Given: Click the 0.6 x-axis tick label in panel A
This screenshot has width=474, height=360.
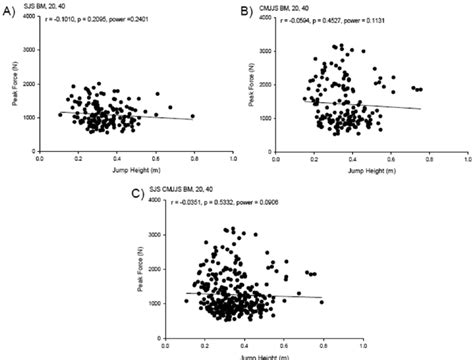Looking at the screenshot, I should click(x=155, y=160).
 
